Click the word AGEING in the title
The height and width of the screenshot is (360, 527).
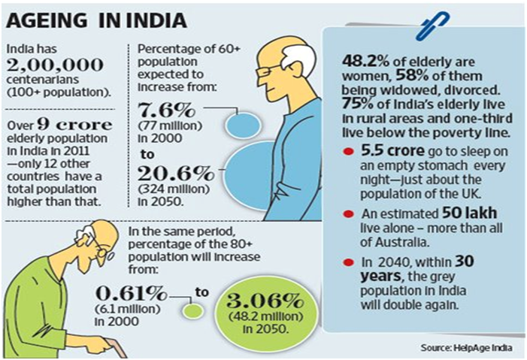coord(47,20)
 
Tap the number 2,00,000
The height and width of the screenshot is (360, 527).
coord(55,65)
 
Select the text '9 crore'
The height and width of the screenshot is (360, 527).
coord(74,124)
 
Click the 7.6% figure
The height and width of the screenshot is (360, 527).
coord(166,110)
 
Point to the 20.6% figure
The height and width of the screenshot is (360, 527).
coord(176,174)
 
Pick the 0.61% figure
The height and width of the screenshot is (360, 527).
coord(132,293)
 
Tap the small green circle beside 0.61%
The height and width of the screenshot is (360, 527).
coord(192,311)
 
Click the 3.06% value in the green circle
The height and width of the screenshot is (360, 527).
coord(265,301)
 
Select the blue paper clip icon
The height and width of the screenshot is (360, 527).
coord(432,26)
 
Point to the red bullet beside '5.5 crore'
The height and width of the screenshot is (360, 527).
coord(348,152)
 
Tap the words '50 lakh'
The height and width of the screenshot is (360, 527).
coord(469,213)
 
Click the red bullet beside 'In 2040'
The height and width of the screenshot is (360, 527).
coord(348,262)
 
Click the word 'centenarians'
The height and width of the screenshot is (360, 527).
coord(43,80)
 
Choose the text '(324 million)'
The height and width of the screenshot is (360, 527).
coord(174,189)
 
